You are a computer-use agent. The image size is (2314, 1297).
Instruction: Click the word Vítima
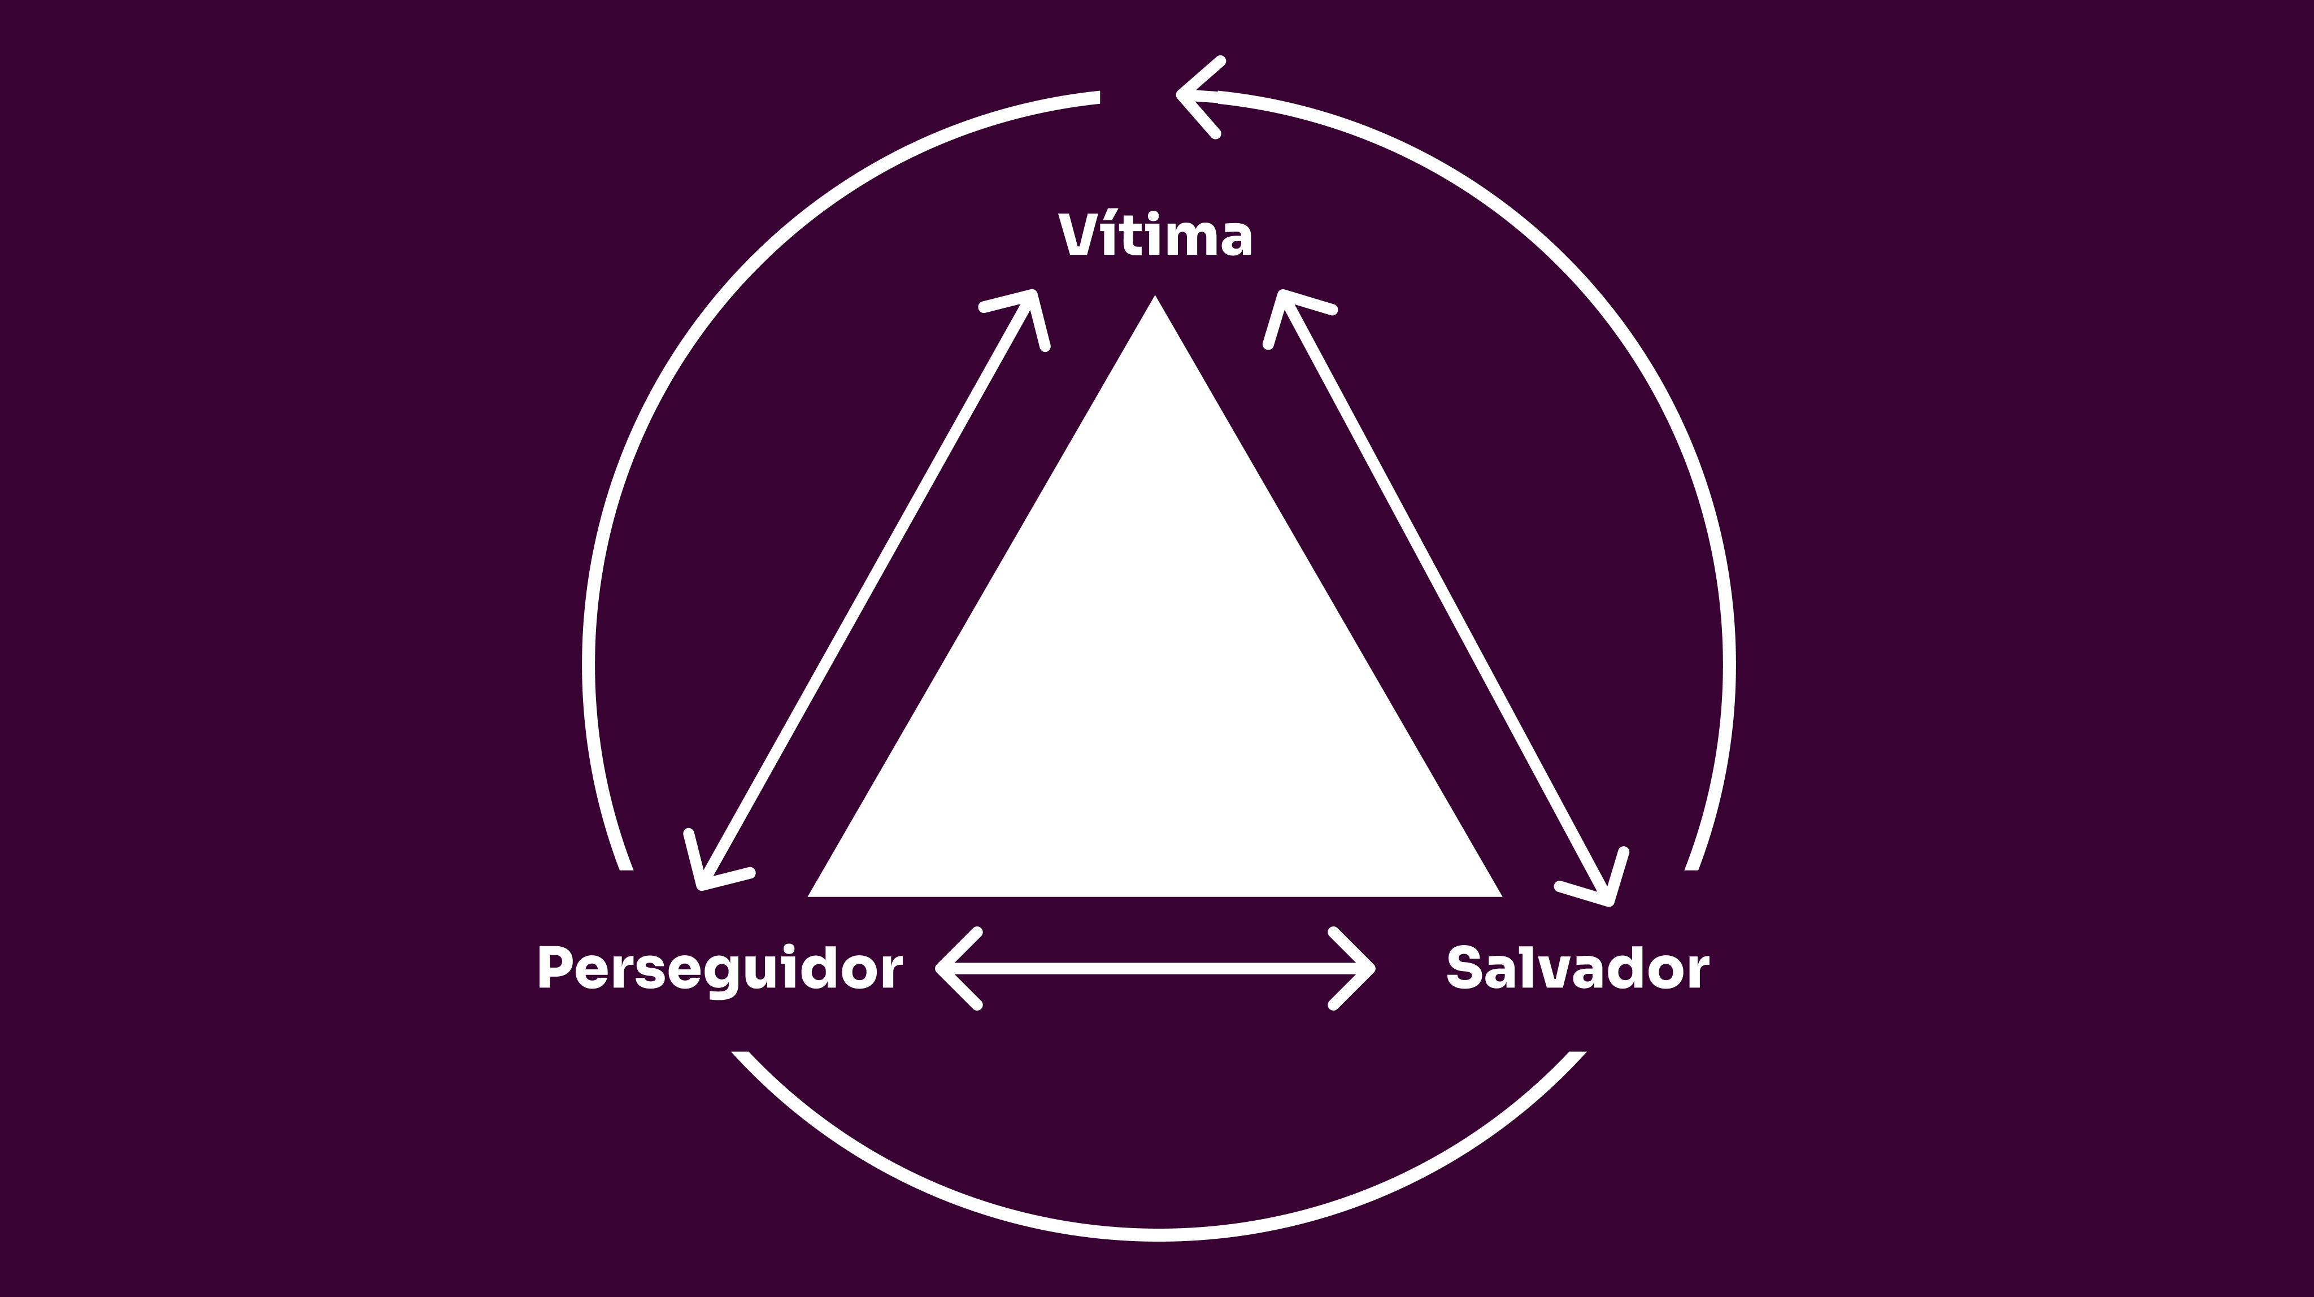click(x=1156, y=236)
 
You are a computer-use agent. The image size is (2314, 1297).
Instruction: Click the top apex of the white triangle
click(x=1155, y=299)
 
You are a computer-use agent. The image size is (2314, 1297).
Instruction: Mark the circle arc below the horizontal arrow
click(x=1159, y=1238)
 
